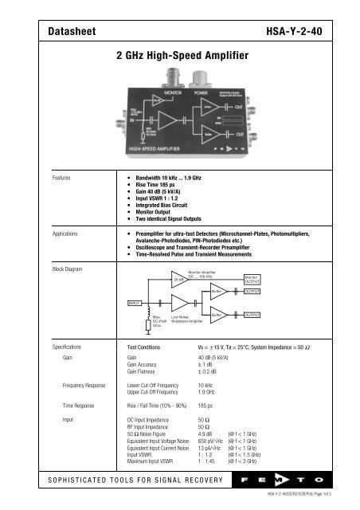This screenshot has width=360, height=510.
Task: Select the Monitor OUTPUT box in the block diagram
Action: click(x=252, y=277)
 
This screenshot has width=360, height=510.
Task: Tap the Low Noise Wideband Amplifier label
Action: click(x=190, y=320)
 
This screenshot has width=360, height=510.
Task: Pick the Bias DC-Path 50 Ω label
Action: click(x=158, y=320)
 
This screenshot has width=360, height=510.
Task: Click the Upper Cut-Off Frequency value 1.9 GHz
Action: click(x=209, y=392)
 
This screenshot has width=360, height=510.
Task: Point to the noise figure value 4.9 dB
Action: click(x=206, y=433)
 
